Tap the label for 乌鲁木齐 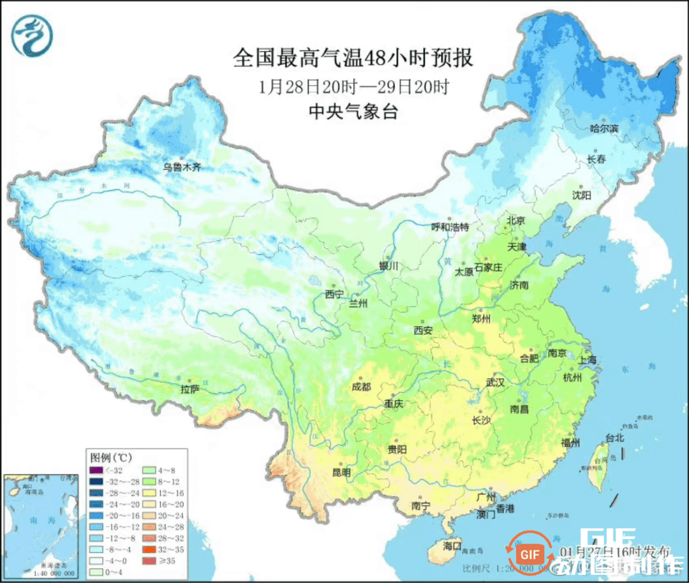click(181, 168)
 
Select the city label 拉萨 click(190, 388)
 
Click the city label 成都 click(361, 387)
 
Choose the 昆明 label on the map click(341, 473)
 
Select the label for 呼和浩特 click(450, 227)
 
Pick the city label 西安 click(423, 330)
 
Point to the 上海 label click(588, 360)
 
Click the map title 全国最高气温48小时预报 click(353, 59)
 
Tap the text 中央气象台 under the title click(353, 112)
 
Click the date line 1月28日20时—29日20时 click(353, 87)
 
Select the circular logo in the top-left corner click(31, 35)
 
